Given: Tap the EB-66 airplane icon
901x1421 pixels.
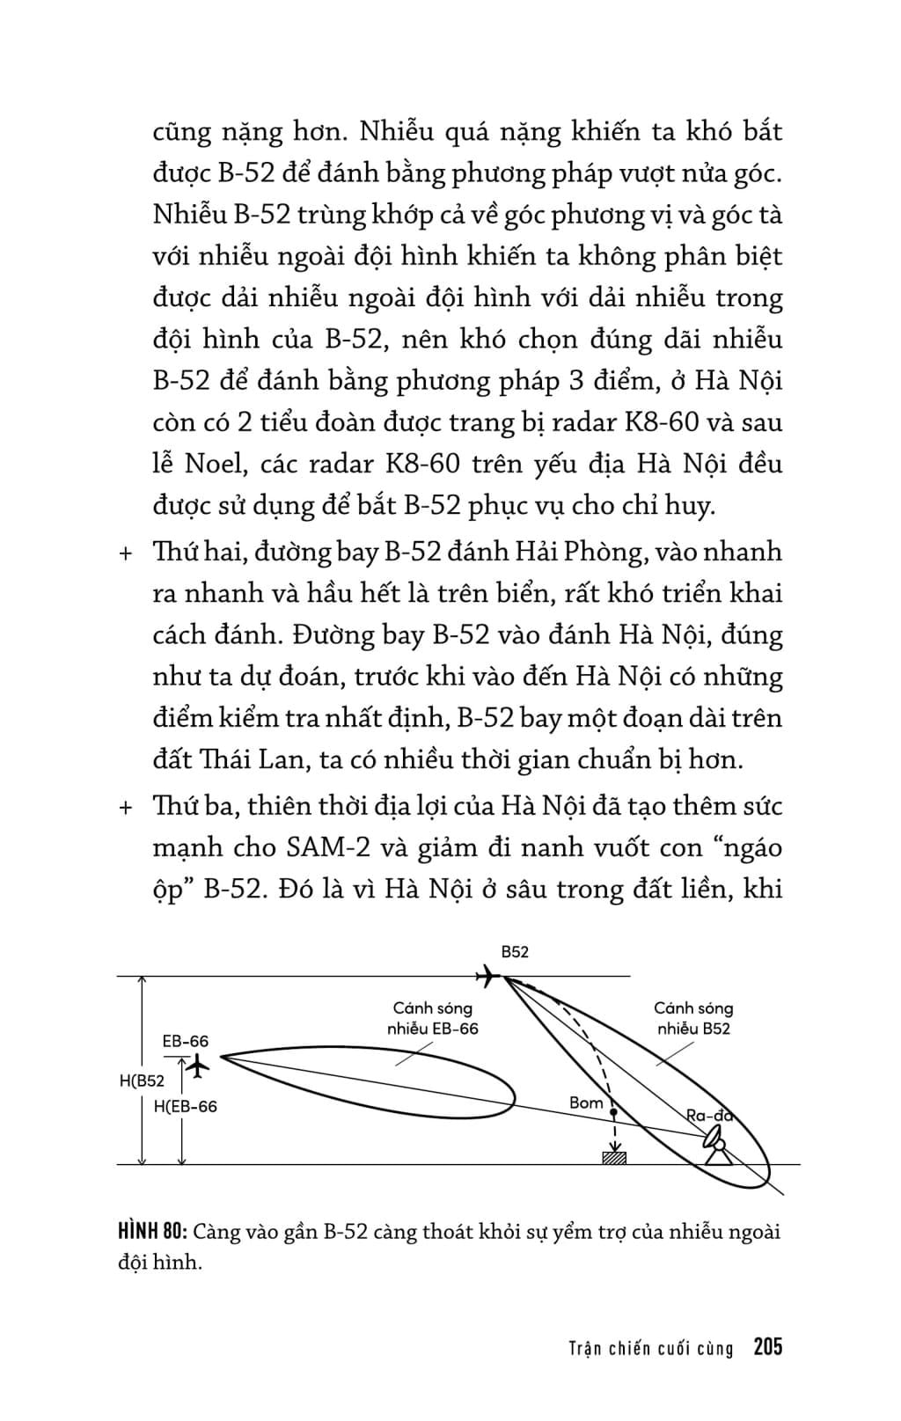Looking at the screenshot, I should pyautogui.click(x=200, y=1066).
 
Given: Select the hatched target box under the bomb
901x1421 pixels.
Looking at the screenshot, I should pyautogui.click(x=614, y=1157).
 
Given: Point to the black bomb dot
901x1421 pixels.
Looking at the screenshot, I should pyautogui.click(x=613, y=1114).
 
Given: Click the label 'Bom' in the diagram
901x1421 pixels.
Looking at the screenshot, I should pyautogui.click(x=586, y=1102).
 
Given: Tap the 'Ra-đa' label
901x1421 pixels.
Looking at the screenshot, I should pyautogui.click(x=709, y=1116).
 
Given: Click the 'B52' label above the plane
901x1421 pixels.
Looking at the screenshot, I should pyautogui.click(x=515, y=952).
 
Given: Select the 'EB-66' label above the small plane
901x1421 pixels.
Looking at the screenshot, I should pyautogui.click(x=186, y=1042).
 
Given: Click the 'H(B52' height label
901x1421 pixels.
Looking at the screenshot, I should pyautogui.click(x=142, y=1081).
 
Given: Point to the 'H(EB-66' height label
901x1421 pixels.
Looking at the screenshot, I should pyautogui.click(x=185, y=1107).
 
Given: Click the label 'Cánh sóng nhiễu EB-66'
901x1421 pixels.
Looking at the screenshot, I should pyautogui.click(x=433, y=1019).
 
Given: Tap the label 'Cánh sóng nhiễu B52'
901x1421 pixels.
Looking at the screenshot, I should pyautogui.click(x=693, y=1018).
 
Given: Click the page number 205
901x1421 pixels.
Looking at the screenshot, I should pyautogui.click(x=767, y=1347).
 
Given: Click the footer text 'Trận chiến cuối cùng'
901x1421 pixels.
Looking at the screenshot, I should pyautogui.click(x=650, y=1348).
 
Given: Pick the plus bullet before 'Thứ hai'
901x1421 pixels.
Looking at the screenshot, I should pyautogui.click(x=125, y=553).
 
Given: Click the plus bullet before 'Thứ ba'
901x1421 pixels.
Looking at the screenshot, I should pyautogui.click(x=125, y=808).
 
